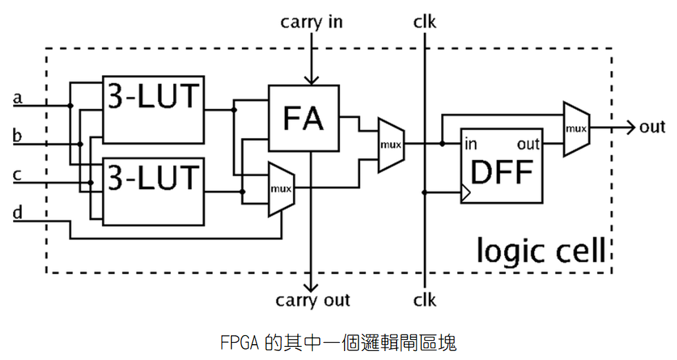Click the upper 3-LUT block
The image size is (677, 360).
tap(153, 109)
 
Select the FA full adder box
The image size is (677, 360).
tap(303, 118)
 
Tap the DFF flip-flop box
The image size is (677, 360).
tap(501, 166)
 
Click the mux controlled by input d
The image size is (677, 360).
tap(280, 188)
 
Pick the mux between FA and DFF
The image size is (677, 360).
tap(390, 145)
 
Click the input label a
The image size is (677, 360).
tap(18, 99)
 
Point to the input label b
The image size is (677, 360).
tap(18, 136)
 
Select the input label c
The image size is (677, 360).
tap(18, 175)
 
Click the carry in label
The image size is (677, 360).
tap(311, 22)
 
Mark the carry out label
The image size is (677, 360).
tap(312, 301)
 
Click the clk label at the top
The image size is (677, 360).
tap(425, 22)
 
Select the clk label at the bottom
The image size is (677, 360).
tap(425, 301)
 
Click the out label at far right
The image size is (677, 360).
tap(652, 127)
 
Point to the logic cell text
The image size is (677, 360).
tap(544, 250)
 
